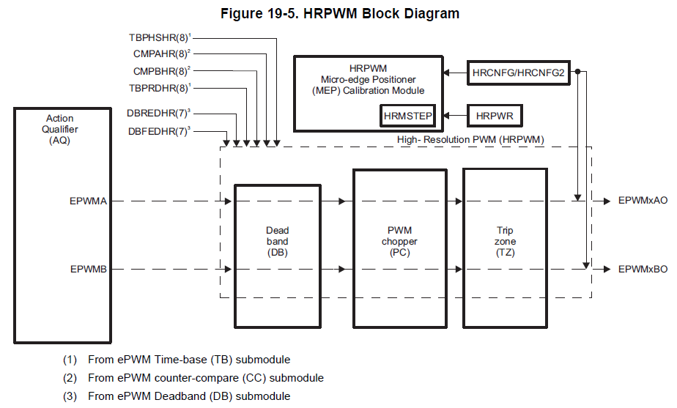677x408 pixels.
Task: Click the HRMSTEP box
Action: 407,116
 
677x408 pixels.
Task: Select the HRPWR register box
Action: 495,116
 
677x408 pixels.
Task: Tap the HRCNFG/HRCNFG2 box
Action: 519,73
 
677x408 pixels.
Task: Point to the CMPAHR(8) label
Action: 162,54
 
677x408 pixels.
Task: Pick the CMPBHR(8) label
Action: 162,71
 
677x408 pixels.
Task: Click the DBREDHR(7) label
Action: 158,113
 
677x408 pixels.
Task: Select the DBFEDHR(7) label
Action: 159,131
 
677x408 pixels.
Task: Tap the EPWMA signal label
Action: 88,201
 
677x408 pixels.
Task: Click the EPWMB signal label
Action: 89,269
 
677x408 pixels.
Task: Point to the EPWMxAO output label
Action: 643,200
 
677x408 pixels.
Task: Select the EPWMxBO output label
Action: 643,269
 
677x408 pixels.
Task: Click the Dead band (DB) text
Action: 277,241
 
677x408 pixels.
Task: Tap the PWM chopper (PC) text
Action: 399,241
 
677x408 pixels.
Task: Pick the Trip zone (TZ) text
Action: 505,241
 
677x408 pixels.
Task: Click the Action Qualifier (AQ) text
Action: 59,129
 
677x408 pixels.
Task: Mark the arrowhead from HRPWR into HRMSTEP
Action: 446,116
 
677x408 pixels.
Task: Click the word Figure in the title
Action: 241,14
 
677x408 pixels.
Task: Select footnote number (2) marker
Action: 70,378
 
